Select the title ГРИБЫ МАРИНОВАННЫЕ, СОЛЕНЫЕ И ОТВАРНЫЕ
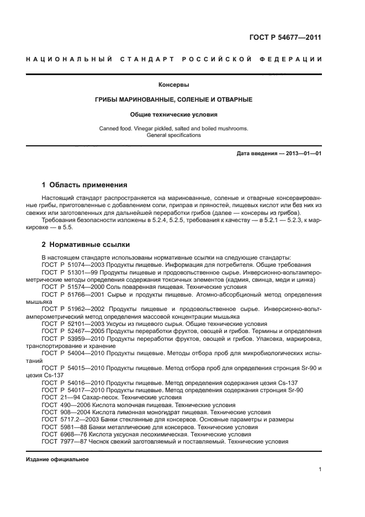[174, 100]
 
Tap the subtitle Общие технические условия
[174, 115]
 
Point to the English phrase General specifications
[174, 135]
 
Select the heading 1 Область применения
[84, 185]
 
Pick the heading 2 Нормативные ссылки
[86, 245]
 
